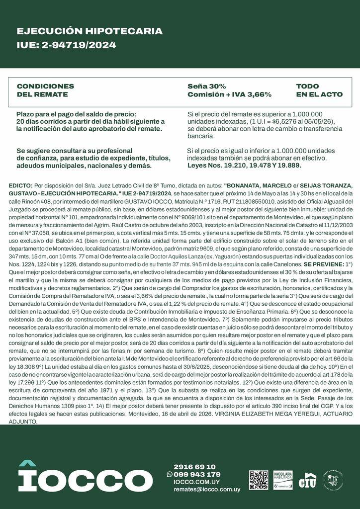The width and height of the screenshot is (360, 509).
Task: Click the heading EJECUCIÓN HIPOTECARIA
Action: pos(90,31)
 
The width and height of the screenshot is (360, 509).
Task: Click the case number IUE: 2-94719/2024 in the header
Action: pos(66,45)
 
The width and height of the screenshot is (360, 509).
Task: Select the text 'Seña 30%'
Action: pos(206,86)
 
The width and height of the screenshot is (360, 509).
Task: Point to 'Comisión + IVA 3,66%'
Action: pos(229,94)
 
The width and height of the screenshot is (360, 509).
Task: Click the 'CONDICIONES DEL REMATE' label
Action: pos(45,90)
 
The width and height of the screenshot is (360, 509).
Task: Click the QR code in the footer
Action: pos(259,480)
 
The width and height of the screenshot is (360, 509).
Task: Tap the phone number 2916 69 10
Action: pos(194,467)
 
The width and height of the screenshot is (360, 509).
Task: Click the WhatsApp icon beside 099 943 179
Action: pos(170,474)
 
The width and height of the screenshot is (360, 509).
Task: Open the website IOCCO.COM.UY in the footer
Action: pos(196,482)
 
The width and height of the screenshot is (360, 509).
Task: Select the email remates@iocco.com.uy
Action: pos(206,490)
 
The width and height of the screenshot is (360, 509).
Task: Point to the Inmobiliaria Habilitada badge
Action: pos(282,480)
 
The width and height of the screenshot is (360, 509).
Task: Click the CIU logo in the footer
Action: pos(307,480)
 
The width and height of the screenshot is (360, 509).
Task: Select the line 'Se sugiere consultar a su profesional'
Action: pos(75,151)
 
